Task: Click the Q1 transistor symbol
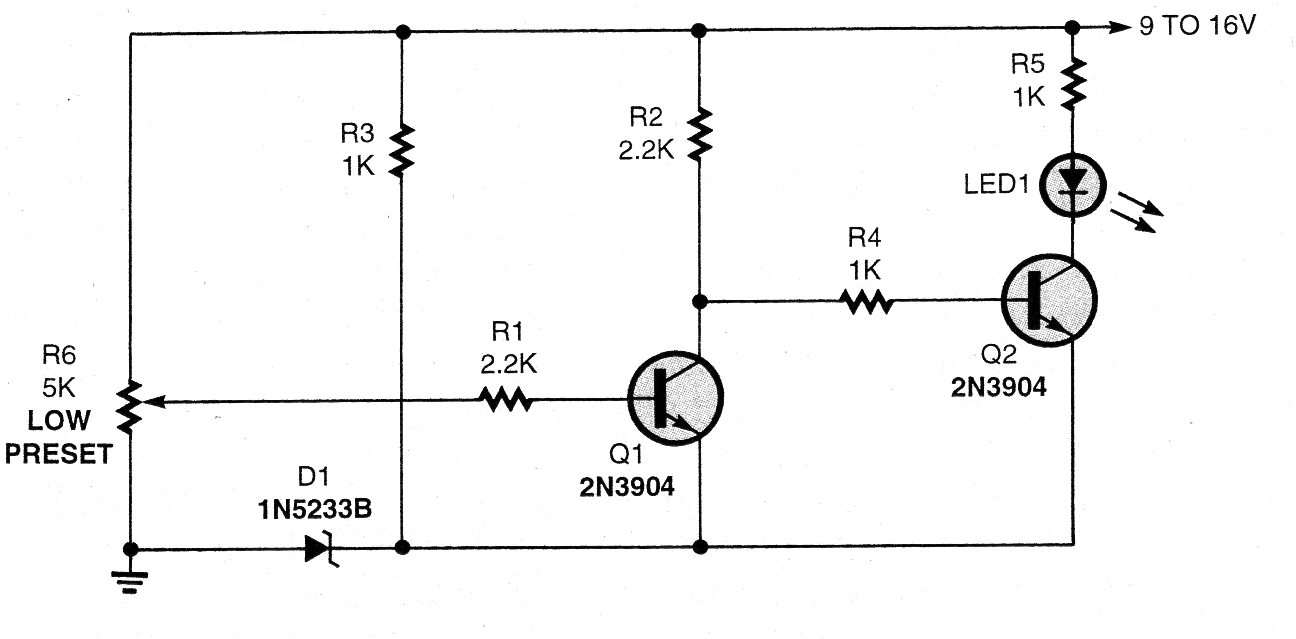[x=675, y=397]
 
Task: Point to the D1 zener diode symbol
[x=323, y=547]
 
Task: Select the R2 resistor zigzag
[x=700, y=133]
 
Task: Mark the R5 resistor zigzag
[x=1072, y=84]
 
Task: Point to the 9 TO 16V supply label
[x=1197, y=28]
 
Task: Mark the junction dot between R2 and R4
[x=700, y=299]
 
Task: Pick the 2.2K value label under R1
[x=509, y=365]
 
